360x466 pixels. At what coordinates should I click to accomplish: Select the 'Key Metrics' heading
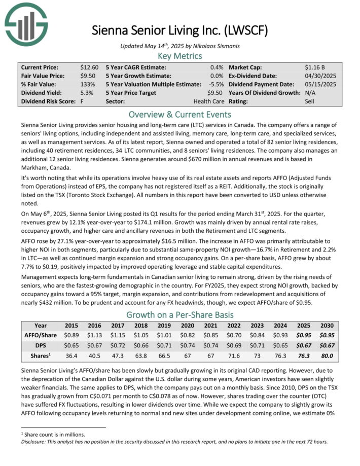click(180, 56)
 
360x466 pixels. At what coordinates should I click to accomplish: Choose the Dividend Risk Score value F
click(82, 101)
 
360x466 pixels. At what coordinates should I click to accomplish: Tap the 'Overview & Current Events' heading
click(180, 114)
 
